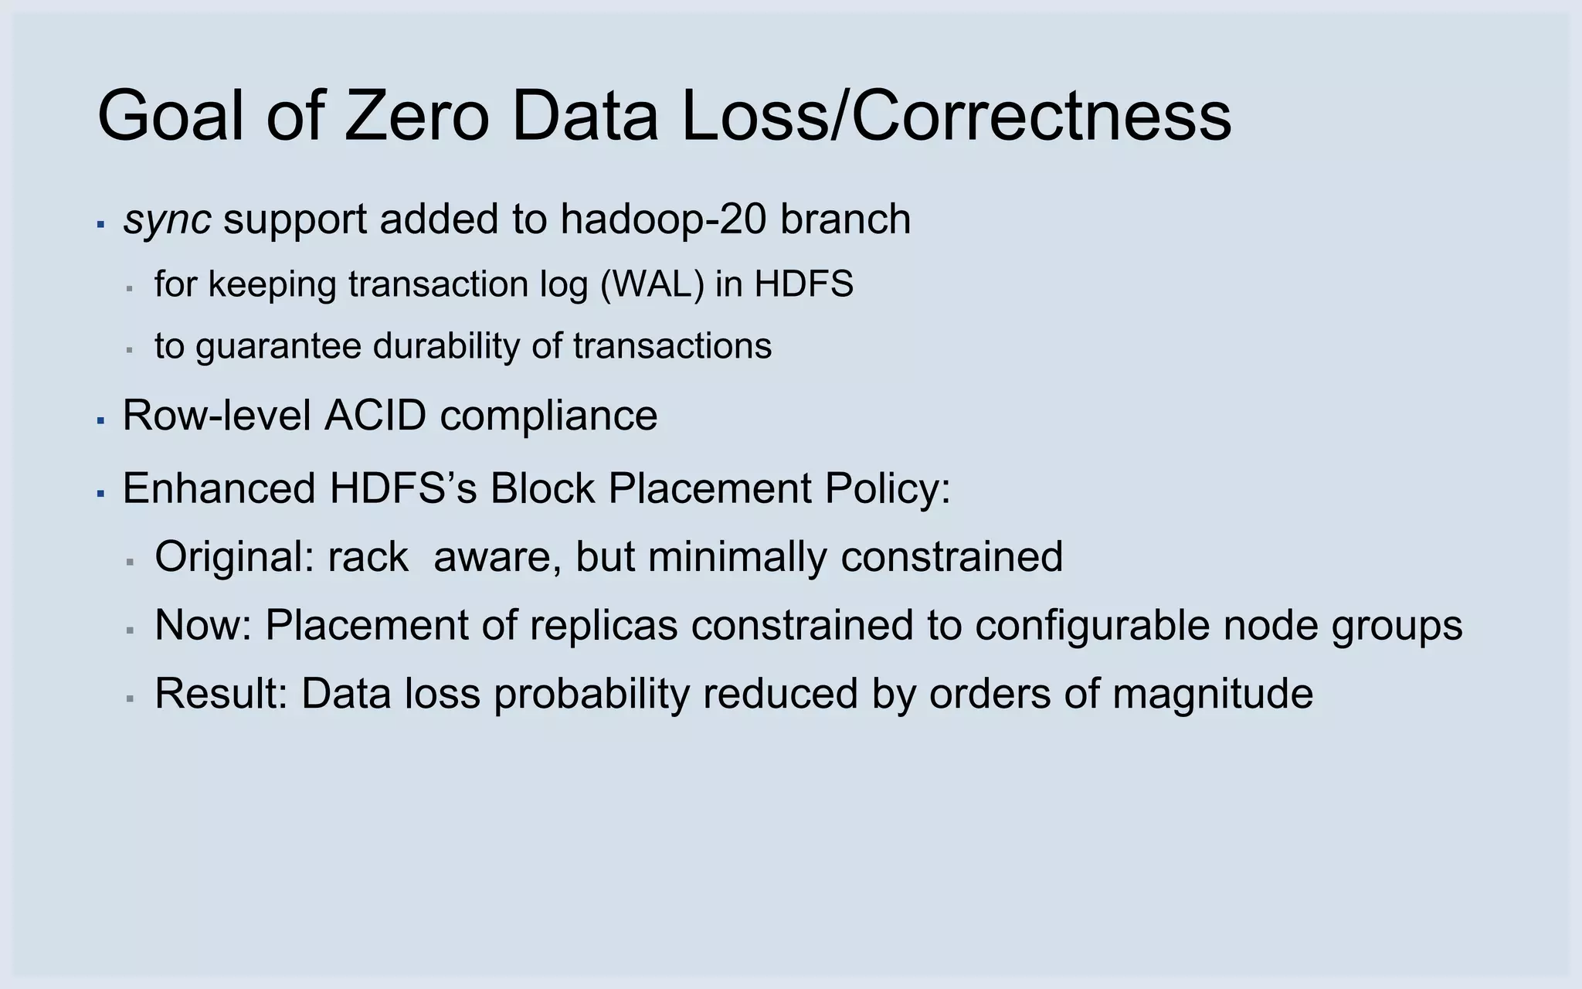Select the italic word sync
click(167, 220)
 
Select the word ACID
click(375, 416)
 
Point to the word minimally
click(738, 556)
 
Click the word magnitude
click(1213, 693)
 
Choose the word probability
click(592, 693)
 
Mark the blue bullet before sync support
click(100, 225)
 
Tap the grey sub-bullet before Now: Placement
click(130, 630)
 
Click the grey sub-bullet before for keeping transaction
click(130, 289)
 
